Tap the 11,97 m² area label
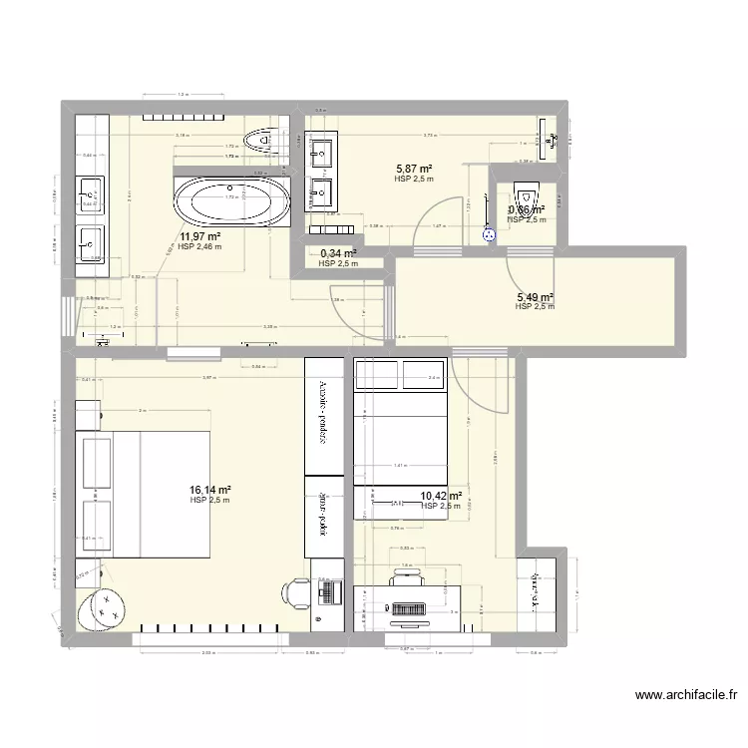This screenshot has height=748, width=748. (x=199, y=237)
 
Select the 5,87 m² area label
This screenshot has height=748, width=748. (x=413, y=170)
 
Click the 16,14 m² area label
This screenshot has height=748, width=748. (x=210, y=490)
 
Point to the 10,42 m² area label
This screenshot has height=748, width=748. (x=441, y=496)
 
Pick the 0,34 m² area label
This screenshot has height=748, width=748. (x=338, y=253)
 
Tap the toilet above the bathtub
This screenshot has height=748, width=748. (x=264, y=141)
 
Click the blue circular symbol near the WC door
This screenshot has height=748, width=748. (x=489, y=235)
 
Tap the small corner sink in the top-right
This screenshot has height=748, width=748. (x=550, y=139)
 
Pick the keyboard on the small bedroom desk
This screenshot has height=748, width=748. (x=410, y=607)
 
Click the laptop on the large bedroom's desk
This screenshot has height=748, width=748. (x=325, y=594)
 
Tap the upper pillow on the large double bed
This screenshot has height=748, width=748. (x=98, y=457)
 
